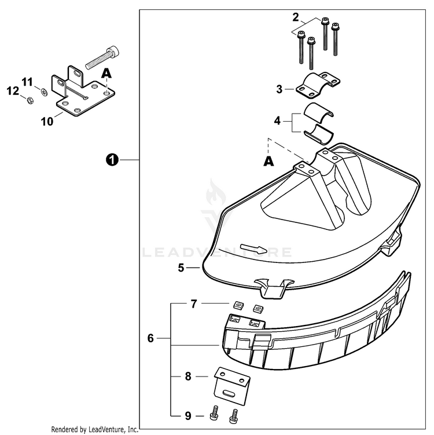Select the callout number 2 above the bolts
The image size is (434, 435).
(x=295, y=17)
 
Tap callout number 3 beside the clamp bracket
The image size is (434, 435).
(x=279, y=89)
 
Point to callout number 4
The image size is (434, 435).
(x=278, y=120)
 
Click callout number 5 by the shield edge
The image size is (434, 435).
(x=181, y=268)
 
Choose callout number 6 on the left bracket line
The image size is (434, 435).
(x=150, y=338)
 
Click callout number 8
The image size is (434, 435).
(x=187, y=376)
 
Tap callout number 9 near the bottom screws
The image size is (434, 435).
(x=187, y=415)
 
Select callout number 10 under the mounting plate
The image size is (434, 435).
(x=47, y=121)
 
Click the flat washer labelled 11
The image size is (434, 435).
(x=45, y=91)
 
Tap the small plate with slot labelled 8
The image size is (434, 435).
(x=231, y=385)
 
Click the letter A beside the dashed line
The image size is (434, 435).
(x=268, y=162)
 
